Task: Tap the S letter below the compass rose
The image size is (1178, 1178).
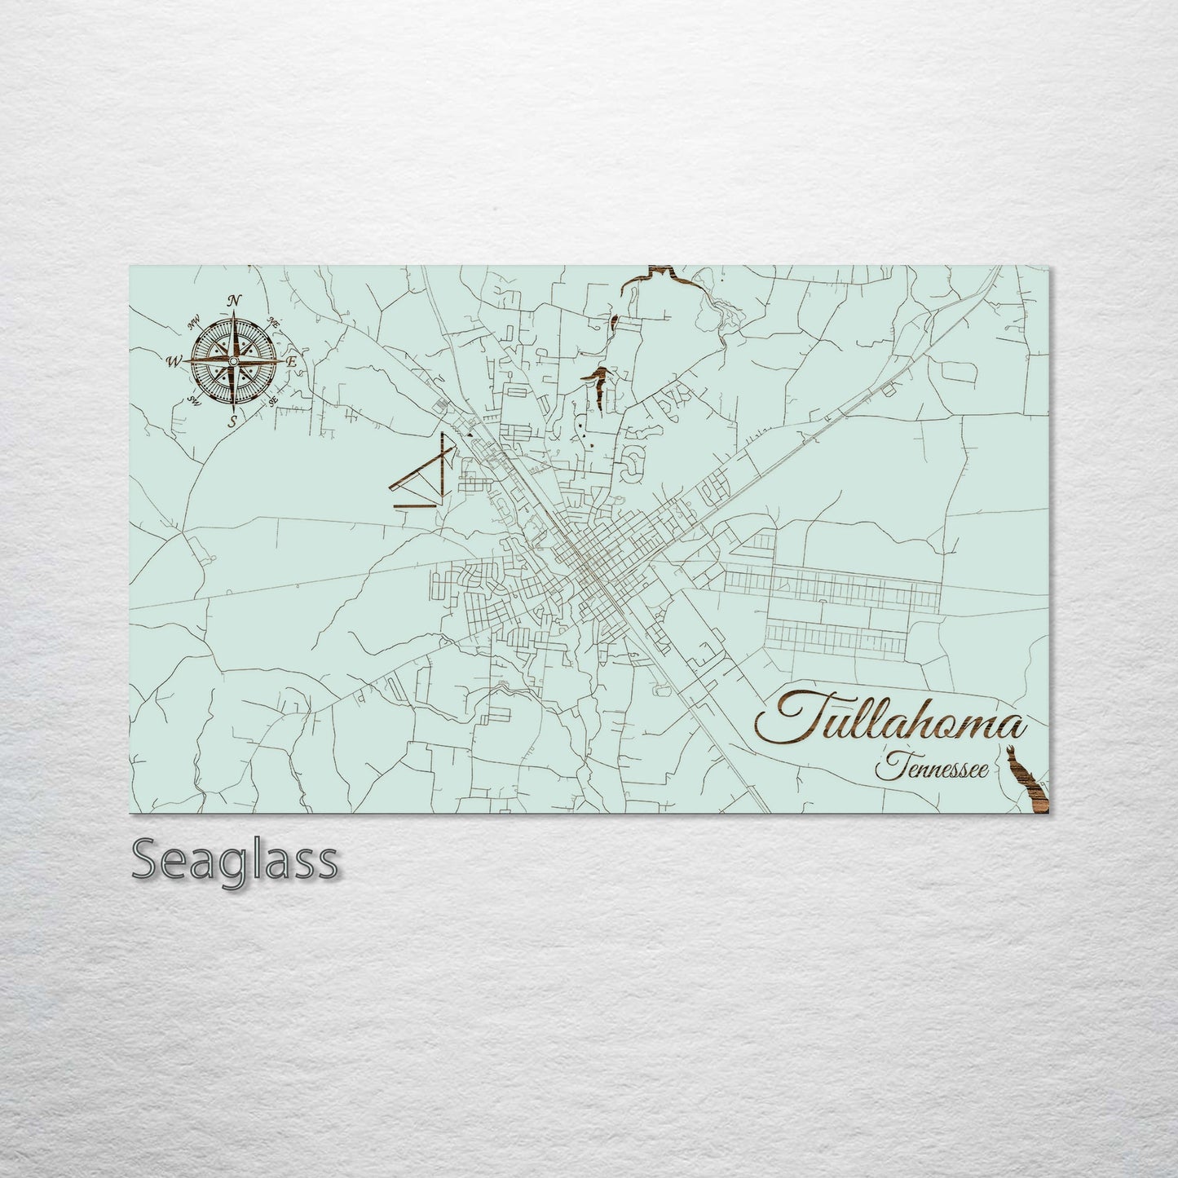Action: (232, 421)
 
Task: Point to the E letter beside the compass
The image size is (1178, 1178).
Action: (293, 361)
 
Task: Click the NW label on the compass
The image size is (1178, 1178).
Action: (194, 324)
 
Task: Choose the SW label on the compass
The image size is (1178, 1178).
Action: (194, 399)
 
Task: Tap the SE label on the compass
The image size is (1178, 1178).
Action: (273, 400)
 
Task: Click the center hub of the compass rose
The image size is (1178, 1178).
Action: (234, 360)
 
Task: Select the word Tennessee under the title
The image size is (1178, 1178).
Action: (929, 767)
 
